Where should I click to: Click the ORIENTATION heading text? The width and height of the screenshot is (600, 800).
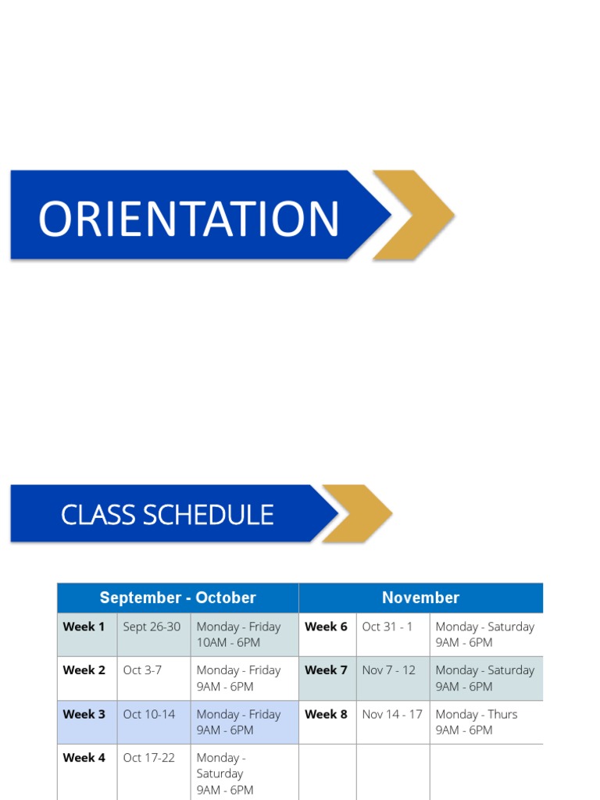point(188,219)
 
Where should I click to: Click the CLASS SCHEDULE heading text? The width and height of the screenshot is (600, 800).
point(167,515)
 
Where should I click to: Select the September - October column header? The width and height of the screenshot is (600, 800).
point(177,598)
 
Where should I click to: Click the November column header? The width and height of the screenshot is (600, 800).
point(420,598)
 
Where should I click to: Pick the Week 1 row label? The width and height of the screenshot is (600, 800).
point(84,627)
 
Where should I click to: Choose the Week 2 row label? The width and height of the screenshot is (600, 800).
point(84,670)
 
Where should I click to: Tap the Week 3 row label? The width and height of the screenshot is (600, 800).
point(84,714)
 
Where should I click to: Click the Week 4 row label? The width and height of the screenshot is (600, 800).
point(84,758)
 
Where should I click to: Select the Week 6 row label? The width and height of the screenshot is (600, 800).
point(326,627)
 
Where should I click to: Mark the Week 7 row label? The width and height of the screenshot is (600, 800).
point(326,670)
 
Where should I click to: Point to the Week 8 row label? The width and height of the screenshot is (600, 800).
point(326,714)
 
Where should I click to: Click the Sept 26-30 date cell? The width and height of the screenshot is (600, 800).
point(152,627)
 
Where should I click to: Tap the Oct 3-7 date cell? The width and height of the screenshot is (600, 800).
point(142,670)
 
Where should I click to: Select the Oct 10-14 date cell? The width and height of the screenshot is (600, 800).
point(149,714)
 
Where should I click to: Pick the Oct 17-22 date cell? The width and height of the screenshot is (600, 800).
point(149,758)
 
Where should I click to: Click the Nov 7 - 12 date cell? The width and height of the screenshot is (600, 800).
point(389,670)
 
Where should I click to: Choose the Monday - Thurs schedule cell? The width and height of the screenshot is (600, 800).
point(477,714)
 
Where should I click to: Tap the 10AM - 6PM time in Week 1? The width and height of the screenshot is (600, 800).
point(228,643)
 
